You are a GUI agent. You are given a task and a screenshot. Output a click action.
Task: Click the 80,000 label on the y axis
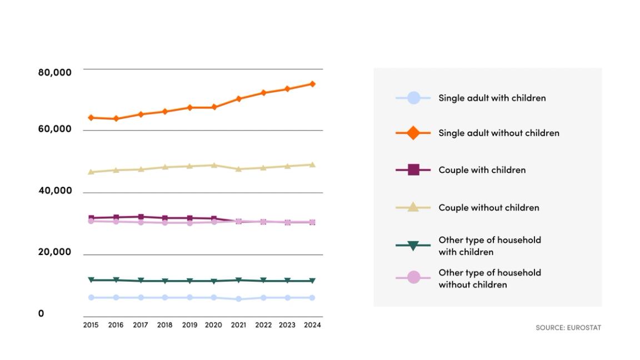point(55,72)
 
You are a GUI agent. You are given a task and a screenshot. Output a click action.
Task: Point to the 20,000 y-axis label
point(55,252)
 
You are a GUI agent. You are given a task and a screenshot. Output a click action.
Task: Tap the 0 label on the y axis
point(41,313)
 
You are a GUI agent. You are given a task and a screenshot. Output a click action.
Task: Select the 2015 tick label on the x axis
point(91,325)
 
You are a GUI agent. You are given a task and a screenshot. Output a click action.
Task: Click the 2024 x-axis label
point(312,325)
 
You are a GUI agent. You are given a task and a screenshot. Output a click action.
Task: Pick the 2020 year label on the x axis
point(213,325)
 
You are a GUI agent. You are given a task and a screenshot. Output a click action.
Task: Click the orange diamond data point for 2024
point(312,84)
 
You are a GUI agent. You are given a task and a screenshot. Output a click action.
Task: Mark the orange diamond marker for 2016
point(116,119)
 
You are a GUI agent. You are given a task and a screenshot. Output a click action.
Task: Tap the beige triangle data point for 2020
point(214,165)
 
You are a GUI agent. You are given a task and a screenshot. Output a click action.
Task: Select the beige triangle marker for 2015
point(91,172)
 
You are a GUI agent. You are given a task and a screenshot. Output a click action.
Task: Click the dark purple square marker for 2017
point(141,217)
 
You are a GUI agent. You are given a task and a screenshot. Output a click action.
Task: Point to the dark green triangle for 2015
point(91,280)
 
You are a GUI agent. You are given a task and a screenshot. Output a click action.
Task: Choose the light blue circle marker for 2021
point(238,299)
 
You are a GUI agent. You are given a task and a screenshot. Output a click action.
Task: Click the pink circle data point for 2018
point(165,223)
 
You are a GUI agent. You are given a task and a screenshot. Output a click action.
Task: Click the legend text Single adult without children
point(499,133)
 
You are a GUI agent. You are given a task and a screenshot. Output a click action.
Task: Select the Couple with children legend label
point(482,170)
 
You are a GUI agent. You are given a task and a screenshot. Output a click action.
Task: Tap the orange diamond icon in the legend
point(413,133)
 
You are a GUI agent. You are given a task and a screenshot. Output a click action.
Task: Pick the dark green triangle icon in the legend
point(413,246)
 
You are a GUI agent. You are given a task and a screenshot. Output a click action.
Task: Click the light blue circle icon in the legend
point(413,98)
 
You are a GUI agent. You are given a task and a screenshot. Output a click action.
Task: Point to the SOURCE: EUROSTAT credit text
point(568,328)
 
